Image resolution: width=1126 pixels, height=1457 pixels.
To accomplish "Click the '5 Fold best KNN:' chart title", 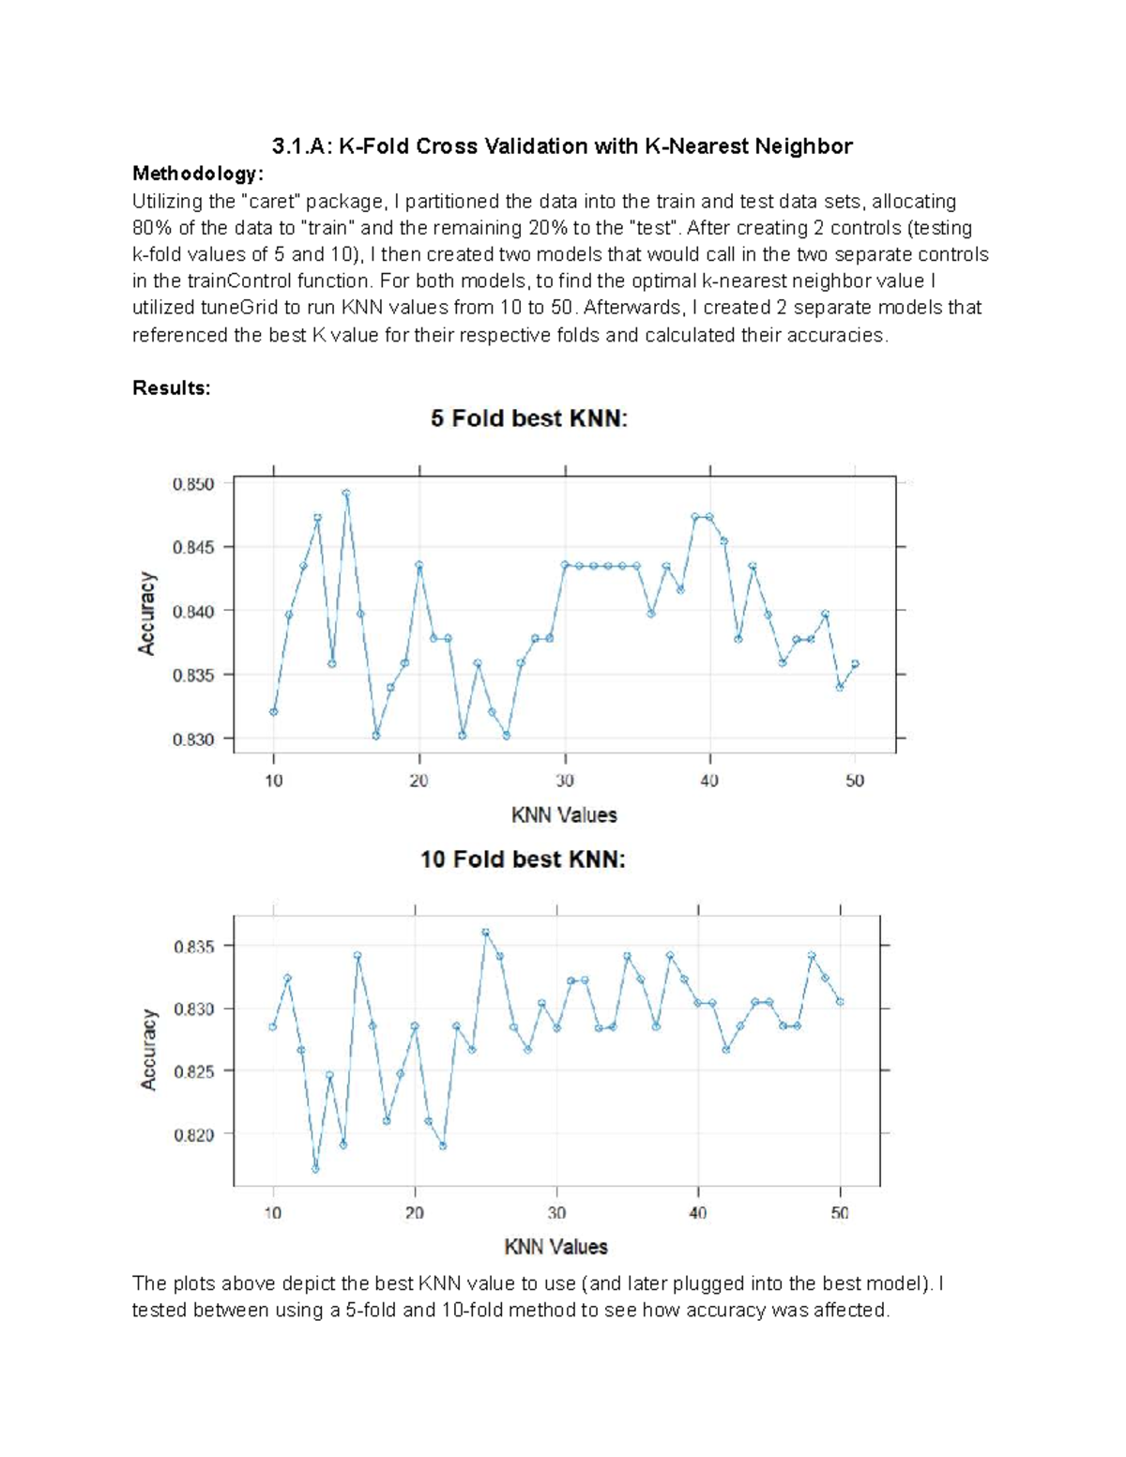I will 529,418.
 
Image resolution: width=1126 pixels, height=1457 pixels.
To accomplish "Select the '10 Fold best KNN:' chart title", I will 523,858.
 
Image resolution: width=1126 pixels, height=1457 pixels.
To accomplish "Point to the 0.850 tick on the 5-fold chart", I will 193,484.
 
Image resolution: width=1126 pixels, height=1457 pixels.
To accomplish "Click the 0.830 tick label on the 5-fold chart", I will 193,739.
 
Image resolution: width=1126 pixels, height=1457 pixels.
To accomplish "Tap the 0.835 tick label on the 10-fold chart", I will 194,947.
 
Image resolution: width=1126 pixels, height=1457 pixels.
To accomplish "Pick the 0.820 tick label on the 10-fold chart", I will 194,1134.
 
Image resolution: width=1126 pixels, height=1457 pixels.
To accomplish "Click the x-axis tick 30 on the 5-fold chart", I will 565,781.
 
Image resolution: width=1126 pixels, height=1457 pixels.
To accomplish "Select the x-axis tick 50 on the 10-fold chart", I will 840,1213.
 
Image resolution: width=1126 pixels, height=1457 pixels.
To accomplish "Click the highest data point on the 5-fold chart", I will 346,493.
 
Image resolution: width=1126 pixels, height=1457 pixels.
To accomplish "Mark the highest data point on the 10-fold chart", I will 485,933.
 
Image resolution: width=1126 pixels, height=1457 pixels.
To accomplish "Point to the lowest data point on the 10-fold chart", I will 315,1169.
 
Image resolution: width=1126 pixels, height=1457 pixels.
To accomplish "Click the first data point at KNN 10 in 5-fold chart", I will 273,712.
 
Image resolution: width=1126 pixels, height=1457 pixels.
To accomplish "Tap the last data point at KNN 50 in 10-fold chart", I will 840,1002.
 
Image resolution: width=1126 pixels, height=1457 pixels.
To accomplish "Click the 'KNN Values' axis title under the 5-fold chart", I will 564,814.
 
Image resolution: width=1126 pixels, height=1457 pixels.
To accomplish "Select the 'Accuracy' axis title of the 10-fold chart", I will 148,1049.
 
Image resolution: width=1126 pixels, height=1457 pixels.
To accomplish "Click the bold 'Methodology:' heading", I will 198,174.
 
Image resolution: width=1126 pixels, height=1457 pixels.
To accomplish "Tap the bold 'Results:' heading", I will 172,387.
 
